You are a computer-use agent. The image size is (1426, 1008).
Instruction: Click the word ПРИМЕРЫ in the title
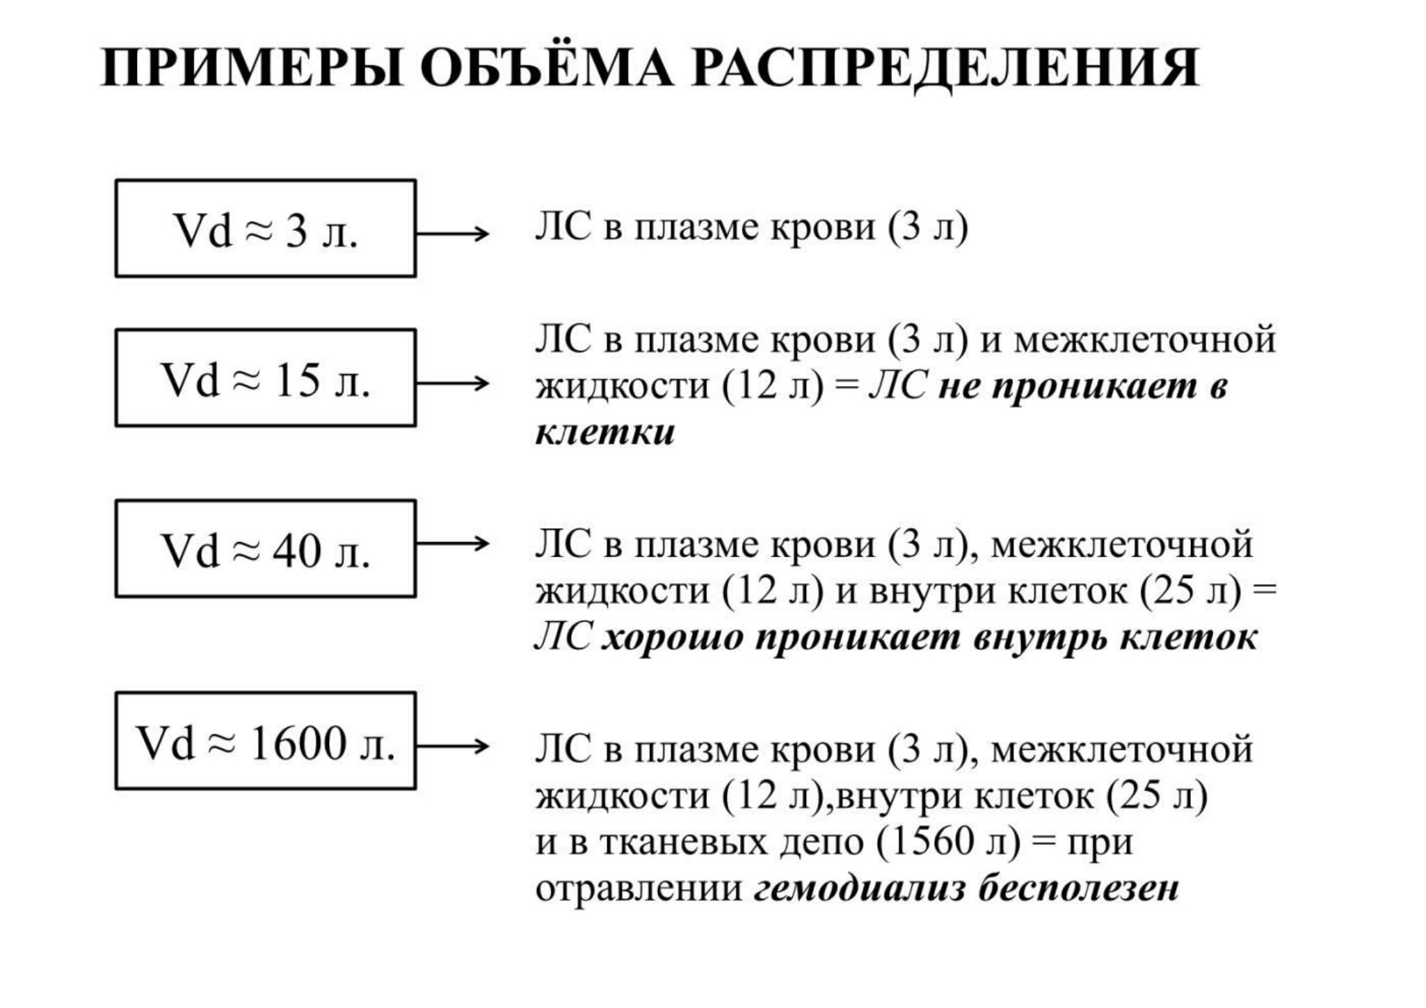click(x=251, y=68)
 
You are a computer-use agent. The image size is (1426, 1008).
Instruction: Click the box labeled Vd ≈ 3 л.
click(x=266, y=228)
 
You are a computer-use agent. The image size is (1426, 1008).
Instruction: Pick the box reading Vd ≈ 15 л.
click(x=266, y=378)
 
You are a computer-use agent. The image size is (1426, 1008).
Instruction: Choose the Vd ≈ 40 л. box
click(x=266, y=548)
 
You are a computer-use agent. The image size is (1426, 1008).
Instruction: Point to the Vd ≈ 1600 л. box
click(x=266, y=741)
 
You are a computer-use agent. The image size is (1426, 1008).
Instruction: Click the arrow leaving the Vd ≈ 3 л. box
click(x=453, y=234)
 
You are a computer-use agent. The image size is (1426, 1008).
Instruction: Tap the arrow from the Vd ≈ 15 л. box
click(x=453, y=383)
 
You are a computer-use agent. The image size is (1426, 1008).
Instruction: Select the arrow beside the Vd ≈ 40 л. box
click(x=453, y=543)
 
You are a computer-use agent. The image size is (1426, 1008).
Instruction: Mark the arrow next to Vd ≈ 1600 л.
click(x=453, y=747)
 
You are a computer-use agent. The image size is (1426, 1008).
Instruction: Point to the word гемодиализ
click(x=860, y=888)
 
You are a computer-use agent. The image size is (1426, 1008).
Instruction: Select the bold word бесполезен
click(x=1079, y=888)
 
